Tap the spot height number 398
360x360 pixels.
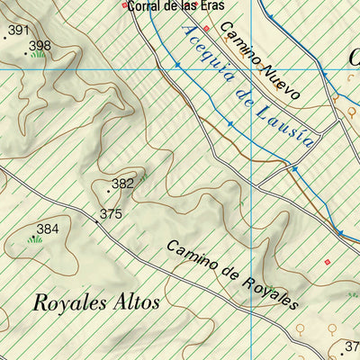click(40, 45)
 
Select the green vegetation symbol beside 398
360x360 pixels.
click(37, 56)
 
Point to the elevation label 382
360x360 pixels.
click(123, 184)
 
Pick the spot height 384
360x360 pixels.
click(47, 229)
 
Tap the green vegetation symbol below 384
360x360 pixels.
click(35, 239)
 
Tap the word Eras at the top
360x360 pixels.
click(209, 7)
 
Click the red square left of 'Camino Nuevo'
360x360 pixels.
click(205, 29)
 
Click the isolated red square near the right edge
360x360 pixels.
click(327, 261)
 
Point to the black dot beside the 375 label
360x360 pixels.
click(96, 220)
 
